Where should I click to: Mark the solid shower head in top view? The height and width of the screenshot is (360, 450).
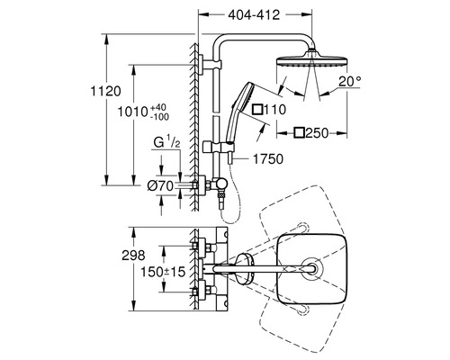(x=309, y=269)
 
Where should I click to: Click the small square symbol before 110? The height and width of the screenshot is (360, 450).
(x=257, y=110)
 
